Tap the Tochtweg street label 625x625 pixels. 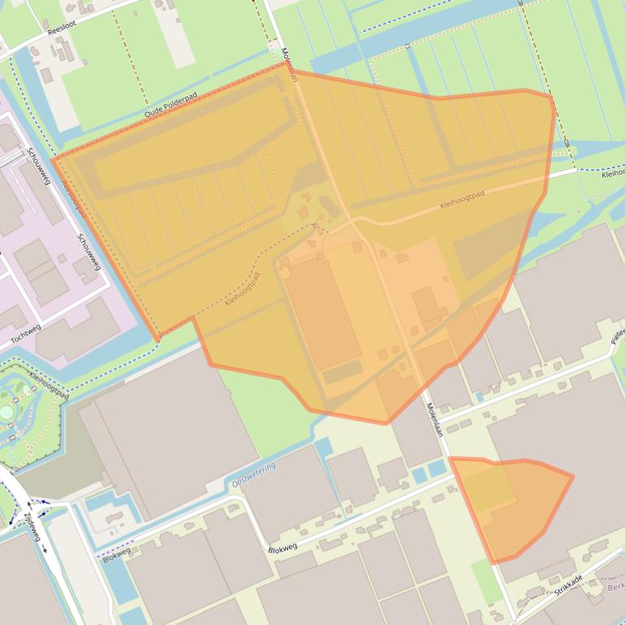tap(26, 330)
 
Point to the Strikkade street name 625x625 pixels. tap(568, 586)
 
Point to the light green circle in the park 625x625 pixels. tap(6, 412)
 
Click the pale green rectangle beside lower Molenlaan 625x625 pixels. tap(487, 580)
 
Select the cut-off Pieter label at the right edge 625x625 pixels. tap(618, 334)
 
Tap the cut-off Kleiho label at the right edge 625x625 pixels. tap(612, 173)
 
